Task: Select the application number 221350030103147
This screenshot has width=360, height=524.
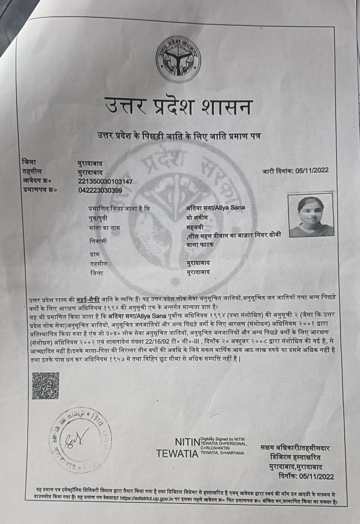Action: click(x=105, y=181)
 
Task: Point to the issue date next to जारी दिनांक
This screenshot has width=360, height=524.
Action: click(x=312, y=171)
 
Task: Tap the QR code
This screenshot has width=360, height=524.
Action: click(x=45, y=385)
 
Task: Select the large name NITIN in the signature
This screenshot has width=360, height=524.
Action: click(x=187, y=442)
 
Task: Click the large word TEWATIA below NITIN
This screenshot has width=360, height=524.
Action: click(x=177, y=454)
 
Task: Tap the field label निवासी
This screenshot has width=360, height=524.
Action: click(x=99, y=241)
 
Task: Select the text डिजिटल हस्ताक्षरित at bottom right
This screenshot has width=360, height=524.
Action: click(x=295, y=457)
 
